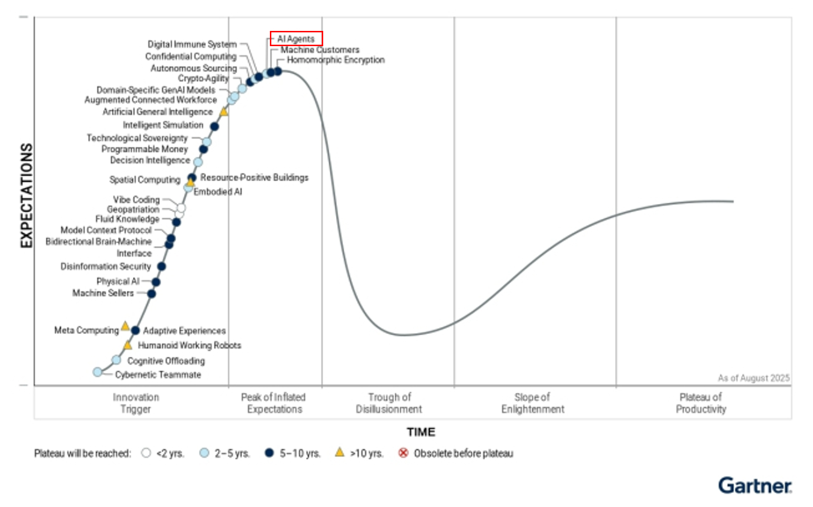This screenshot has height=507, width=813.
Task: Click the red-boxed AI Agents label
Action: point(296,39)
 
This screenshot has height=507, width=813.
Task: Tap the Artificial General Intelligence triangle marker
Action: point(224,112)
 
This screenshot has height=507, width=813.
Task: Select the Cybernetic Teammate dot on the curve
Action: point(97,372)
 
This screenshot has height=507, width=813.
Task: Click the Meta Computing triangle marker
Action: point(125,326)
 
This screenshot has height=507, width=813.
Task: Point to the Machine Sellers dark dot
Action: point(151,293)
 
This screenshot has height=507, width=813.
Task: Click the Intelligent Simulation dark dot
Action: point(214,127)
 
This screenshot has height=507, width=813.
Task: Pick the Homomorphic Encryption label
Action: point(336,60)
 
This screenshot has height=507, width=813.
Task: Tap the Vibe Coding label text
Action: point(136,200)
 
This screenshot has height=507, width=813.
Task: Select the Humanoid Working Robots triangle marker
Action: point(128,345)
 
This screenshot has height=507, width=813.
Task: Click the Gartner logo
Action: point(755,486)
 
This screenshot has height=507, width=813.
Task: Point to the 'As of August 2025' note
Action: point(754,378)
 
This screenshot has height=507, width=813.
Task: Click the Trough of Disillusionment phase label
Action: point(389,403)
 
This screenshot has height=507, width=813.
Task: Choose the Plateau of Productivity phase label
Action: point(701,403)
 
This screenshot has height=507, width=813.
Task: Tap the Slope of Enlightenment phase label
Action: point(532,403)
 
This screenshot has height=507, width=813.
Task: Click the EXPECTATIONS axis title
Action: point(27,195)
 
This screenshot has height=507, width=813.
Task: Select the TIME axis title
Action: point(421,432)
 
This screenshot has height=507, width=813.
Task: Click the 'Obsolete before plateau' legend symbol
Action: point(403,453)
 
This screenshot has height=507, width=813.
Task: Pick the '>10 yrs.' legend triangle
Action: point(339,452)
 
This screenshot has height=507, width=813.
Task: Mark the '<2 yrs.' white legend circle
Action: point(146,453)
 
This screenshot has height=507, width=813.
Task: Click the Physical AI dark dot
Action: point(156,282)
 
